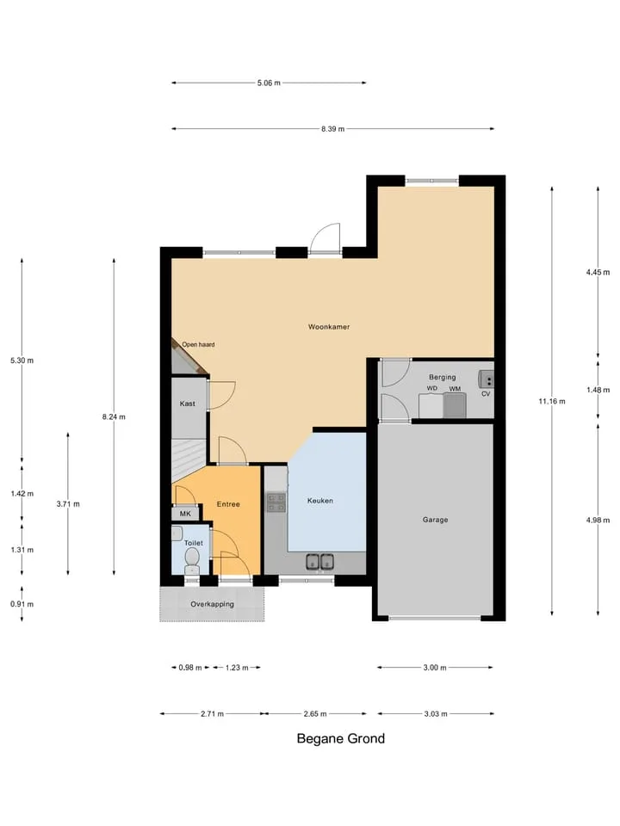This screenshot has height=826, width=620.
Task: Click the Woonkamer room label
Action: click(x=329, y=327)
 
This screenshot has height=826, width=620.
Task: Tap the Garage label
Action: click(x=435, y=520)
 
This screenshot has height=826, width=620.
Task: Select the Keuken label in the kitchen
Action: click(x=320, y=501)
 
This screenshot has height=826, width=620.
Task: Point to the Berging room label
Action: click(x=443, y=377)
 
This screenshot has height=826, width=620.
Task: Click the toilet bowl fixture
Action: click(x=192, y=560)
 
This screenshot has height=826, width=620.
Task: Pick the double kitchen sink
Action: click(x=320, y=562)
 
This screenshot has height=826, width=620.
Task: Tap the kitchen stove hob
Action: click(x=276, y=502)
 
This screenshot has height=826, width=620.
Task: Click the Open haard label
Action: click(x=198, y=344)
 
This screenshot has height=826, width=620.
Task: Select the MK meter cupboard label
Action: click(x=185, y=514)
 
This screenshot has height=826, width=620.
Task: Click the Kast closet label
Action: click(x=187, y=404)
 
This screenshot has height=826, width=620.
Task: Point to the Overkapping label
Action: click(x=212, y=604)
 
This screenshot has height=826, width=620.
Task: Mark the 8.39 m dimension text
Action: click(x=332, y=129)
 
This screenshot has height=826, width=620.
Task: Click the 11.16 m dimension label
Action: click(x=552, y=402)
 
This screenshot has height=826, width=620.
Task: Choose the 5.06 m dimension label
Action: click(x=269, y=83)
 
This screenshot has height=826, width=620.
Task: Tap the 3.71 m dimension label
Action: click(x=68, y=504)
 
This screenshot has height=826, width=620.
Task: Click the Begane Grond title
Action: click(x=341, y=738)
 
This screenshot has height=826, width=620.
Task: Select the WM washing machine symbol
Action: click(x=455, y=405)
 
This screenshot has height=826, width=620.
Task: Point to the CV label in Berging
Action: click(x=486, y=393)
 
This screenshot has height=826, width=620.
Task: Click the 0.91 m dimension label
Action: click(x=22, y=604)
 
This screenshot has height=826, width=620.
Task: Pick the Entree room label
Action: click(x=228, y=504)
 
